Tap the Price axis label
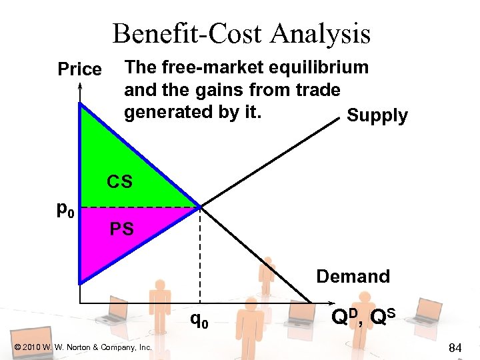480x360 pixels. [80, 69]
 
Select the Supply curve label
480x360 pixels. [377, 115]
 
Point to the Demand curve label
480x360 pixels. [353, 276]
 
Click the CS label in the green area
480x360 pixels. [120, 181]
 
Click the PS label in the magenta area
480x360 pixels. [122, 230]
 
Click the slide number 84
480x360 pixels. [456, 347]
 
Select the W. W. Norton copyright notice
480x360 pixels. [83, 347]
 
